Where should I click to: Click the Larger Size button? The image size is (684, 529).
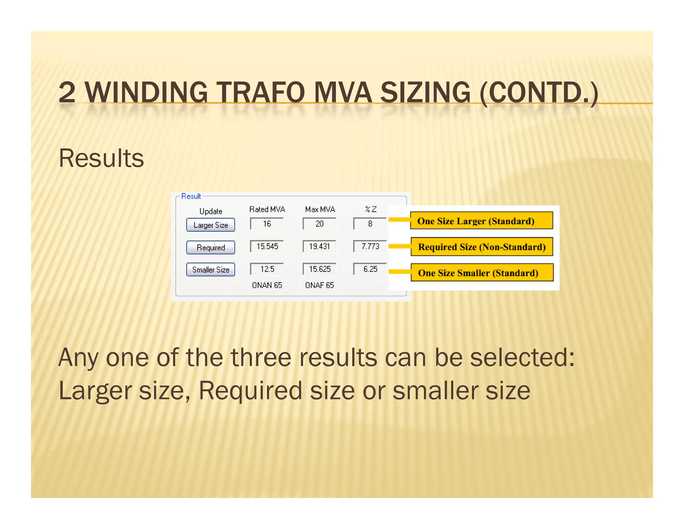coord(210,225)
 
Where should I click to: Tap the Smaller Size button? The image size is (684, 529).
coord(210,270)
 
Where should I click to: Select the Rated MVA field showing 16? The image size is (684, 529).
coord(267,224)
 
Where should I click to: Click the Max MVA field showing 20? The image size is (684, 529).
coord(319,224)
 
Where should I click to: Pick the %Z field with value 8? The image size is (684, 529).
coord(370,224)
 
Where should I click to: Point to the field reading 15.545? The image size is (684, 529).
coord(267,246)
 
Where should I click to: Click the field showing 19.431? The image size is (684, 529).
coord(319,246)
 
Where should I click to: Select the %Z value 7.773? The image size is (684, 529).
coord(370,246)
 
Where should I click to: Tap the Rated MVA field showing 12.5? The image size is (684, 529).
coord(267,269)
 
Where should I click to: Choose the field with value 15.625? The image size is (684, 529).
coord(319,269)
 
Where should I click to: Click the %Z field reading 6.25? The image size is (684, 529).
coord(370,269)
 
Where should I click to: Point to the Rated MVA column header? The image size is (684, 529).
coord(267,209)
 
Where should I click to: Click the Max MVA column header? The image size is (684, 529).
coord(320,209)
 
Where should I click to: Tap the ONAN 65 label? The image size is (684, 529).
coord(267,285)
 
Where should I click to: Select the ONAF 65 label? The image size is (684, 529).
coord(319,285)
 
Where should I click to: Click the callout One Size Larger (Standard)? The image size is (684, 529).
coord(481,221)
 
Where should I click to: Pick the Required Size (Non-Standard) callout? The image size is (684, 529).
coord(482,247)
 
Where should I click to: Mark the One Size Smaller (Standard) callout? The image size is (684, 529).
coord(482,273)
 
